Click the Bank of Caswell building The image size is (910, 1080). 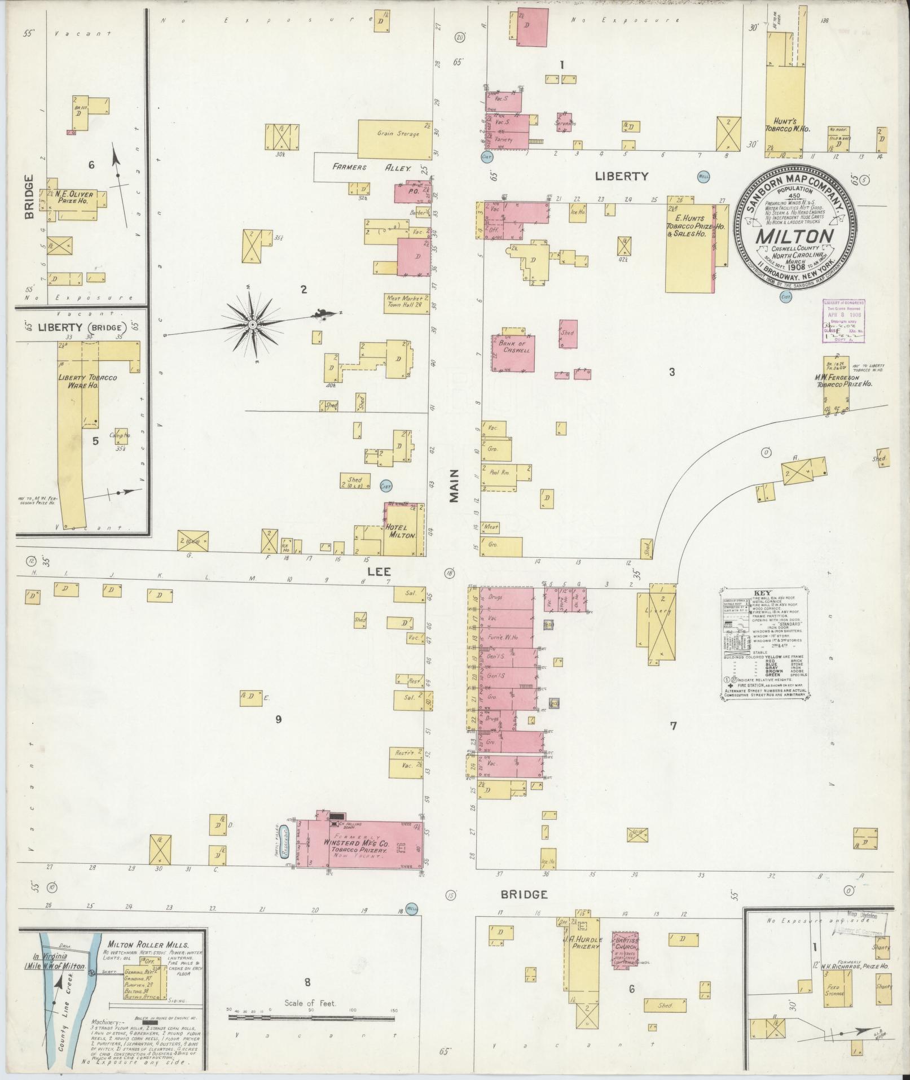[x=513, y=352]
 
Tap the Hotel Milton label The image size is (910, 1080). [x=401, y=530]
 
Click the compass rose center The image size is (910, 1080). [x=253, y=325]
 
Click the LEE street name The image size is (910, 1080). [x=379, y=571]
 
